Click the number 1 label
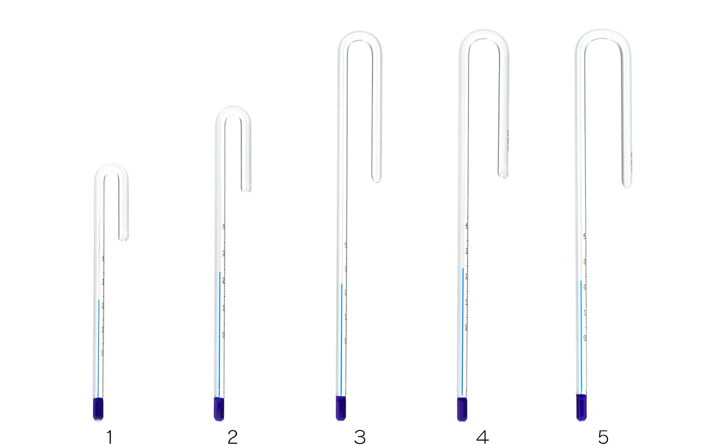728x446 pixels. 109,437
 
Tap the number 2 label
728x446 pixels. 233,437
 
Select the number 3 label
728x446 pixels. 359,437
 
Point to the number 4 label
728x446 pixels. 482,437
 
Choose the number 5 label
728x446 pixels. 603,437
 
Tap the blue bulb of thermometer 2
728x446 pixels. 219,409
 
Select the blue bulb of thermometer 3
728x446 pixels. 341,408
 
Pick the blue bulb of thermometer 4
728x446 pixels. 462,409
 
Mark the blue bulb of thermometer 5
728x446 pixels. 581,407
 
